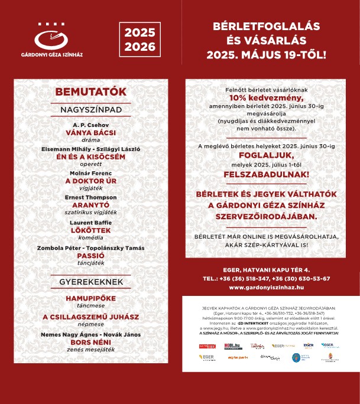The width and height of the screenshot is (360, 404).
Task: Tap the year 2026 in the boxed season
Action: coord(140,46)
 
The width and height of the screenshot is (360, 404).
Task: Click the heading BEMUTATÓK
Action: coord(90,92)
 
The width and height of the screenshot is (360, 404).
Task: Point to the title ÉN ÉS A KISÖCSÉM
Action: coord(90,157)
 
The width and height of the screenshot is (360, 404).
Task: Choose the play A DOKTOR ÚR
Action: coord(90,181)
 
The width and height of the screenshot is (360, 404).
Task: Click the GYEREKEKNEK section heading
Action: coord(90,282)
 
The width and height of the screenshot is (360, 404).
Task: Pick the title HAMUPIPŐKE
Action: coord(90,299)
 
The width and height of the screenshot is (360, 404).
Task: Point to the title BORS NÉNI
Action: coord(90,341)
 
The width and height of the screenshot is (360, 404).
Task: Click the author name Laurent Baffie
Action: coord(90,222)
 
